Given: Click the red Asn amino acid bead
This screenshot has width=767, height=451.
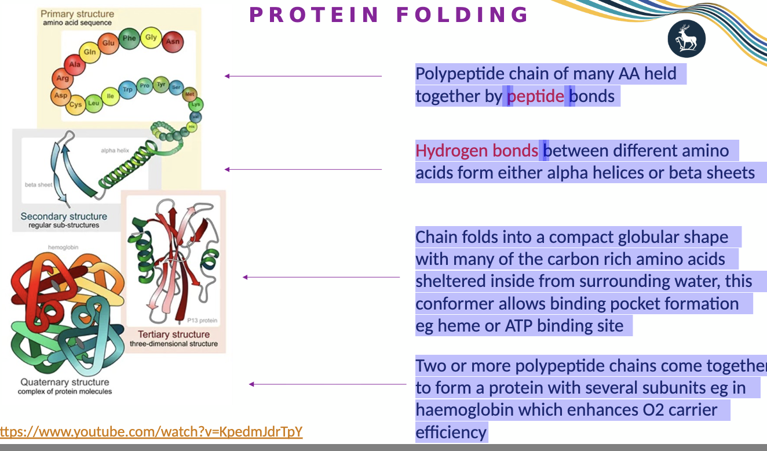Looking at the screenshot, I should (x=173, y=42).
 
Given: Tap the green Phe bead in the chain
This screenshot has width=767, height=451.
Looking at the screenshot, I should (x=129, y=39).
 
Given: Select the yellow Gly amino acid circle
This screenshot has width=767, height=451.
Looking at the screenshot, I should (x=151, y=38).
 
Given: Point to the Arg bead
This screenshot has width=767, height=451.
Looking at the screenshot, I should (x=63, y=78).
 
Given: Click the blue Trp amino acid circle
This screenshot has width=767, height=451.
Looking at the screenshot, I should (x=127, y=90).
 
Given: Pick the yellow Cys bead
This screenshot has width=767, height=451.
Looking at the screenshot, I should (x=76, y=105).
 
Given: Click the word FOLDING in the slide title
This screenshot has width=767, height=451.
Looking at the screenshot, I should (x=462, y=14).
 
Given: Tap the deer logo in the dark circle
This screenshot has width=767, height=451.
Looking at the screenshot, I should (x=686, y=39).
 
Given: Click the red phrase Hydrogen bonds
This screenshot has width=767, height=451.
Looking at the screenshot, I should (x=476, y=151).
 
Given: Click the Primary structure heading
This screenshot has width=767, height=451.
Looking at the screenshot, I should (x=78, y=13).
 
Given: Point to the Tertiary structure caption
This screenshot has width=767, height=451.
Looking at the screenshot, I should (x=174, y=334).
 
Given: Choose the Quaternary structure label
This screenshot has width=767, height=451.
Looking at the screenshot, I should (x=65, y=382).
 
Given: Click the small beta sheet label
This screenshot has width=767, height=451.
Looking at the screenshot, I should (x=38, y=185).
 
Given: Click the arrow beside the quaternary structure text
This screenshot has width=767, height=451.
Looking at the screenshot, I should (x=327, y=384).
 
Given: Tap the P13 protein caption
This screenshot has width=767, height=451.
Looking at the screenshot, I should (x=202, y=321).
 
